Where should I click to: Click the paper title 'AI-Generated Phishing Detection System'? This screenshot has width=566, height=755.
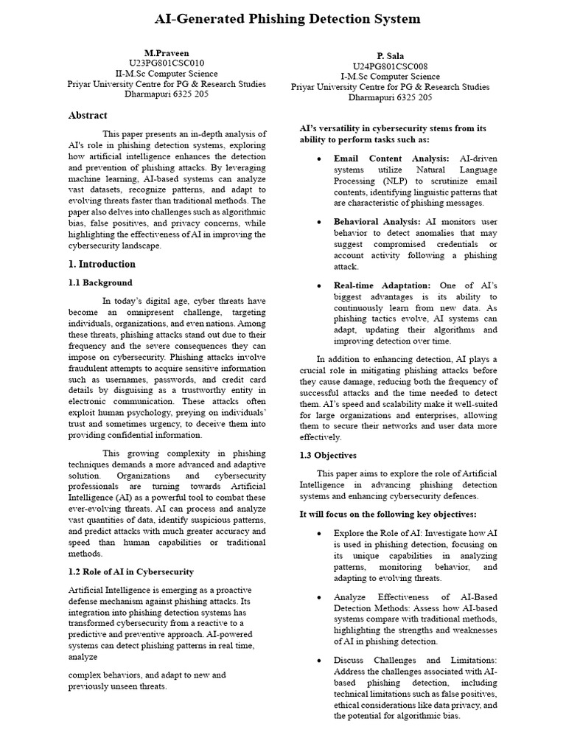click(x=287, y=18)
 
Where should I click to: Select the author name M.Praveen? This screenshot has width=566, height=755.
click(x=167, y=53)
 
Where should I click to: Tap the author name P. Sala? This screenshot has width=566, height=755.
click(x=390, y=56)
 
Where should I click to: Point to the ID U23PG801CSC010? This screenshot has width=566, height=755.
click(x=167, y=63)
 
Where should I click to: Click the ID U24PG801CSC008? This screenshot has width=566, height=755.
click(x=390, y=66)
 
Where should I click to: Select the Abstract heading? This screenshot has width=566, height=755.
click(x=88, y=115)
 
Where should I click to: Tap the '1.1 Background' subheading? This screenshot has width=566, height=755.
click(x=100, y=282)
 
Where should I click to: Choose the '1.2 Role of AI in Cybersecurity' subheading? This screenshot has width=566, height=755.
click(x=130, y=571)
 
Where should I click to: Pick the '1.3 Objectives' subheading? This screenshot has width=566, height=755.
click(x=327, y=455)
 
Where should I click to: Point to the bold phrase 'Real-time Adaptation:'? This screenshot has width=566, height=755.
click(x=382, y=285)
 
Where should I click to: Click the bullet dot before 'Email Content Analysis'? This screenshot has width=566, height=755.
click(x=318, y=159)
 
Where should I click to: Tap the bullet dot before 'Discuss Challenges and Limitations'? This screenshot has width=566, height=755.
click(x=318, y=660)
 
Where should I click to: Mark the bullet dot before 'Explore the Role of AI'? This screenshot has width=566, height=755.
click(x=318, y=532)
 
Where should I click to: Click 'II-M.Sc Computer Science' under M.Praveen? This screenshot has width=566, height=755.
click(x=167, y=74)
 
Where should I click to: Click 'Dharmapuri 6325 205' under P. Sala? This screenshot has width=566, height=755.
click(x=390, y=97)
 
